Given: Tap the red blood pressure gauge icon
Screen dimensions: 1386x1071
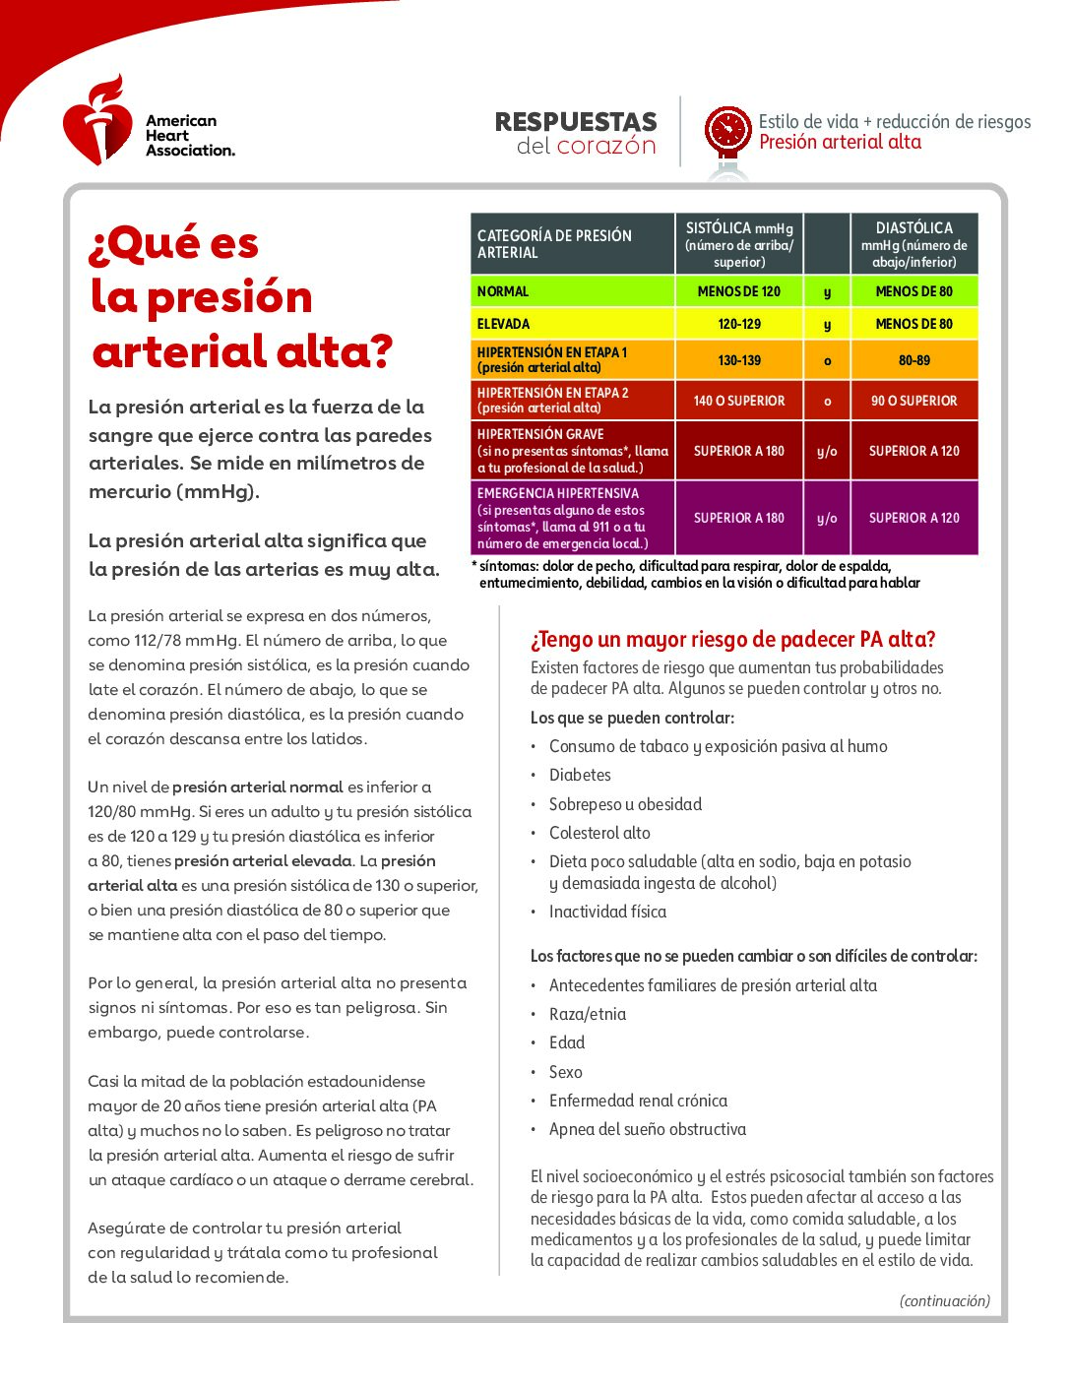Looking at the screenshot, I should (x=727, y=132).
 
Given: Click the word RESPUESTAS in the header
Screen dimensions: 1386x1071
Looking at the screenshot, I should (x=576, y=122).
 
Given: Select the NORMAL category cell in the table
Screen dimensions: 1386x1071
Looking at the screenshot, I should (x=572, y=291).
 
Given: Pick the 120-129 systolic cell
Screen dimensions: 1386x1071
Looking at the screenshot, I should (x=739, y=324).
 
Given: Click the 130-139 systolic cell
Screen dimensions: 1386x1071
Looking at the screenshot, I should (x=739, y=360).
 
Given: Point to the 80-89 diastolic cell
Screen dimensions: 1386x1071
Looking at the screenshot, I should (x=913, y=360).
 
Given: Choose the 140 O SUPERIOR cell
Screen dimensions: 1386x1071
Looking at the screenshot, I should (x=739, y=401).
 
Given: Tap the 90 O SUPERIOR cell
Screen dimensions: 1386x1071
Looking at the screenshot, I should (x=913, y=401).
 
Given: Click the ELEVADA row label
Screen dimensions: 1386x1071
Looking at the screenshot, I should (x=504, y=324).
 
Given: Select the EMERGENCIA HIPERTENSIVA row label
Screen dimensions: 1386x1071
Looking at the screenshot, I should (x=558, y=493).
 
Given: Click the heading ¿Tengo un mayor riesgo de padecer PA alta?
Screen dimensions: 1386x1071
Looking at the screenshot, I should (x=732, y=640).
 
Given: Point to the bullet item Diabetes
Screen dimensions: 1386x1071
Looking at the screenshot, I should (x=580, y=776).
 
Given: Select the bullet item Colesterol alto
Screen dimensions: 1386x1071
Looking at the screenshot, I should (x=599, y=833).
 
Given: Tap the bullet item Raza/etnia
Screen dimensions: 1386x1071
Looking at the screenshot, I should (x=588, y=1014).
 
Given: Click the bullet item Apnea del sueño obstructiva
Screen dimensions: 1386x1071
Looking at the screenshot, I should (x=648, y=1129).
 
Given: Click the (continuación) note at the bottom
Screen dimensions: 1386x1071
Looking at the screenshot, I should (x=945, y=1300).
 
